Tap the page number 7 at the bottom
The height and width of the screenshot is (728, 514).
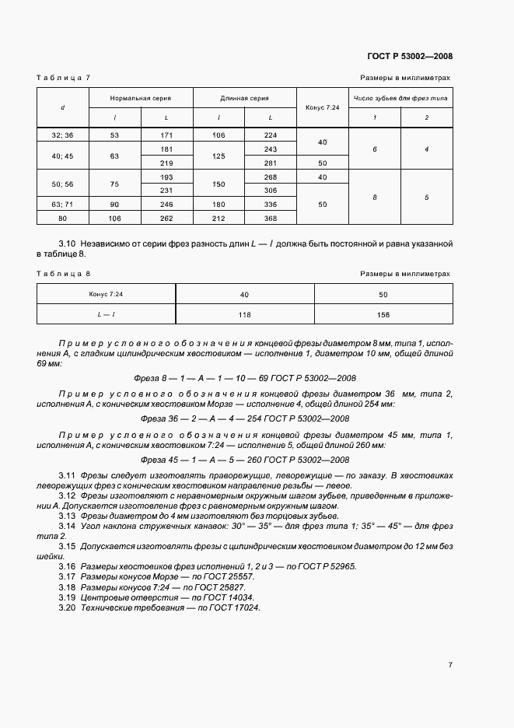450,664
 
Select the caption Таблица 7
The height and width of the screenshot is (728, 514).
64,79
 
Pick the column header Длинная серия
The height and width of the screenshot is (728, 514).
244,99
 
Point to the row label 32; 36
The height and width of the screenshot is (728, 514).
62,135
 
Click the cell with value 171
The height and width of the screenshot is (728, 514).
166,135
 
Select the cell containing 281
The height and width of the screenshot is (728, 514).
270,163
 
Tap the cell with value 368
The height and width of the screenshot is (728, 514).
270,218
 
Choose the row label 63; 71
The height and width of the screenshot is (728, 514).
62,204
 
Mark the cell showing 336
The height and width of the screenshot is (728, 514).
270,204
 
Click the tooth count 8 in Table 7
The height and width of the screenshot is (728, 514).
374,198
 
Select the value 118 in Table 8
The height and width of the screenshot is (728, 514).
245,314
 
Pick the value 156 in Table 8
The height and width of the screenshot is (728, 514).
383,314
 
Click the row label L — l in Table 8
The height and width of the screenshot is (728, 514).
107,314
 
